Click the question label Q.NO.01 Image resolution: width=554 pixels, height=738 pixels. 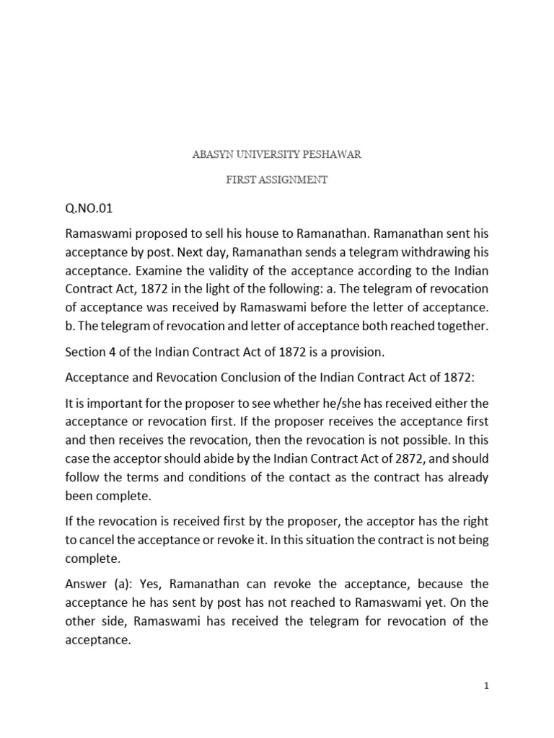pyautogui.click(x=89, y=209)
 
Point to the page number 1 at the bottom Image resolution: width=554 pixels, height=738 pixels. pyautogui.click(x=487, y=686)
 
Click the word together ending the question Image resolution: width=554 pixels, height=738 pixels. pyautogui.click(x=460, y=326)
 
